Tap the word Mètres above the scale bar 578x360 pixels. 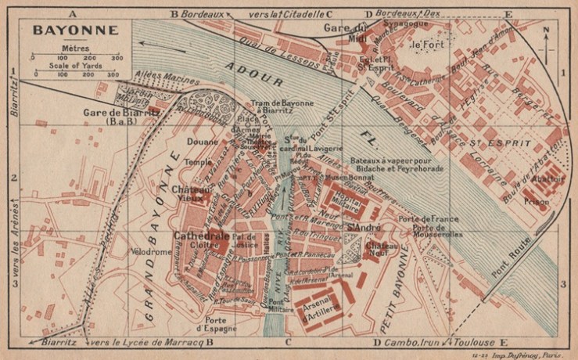(74, 49)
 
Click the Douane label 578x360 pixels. (224, 142)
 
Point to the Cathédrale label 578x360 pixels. (201, 235)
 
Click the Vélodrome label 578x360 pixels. (152, 254)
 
